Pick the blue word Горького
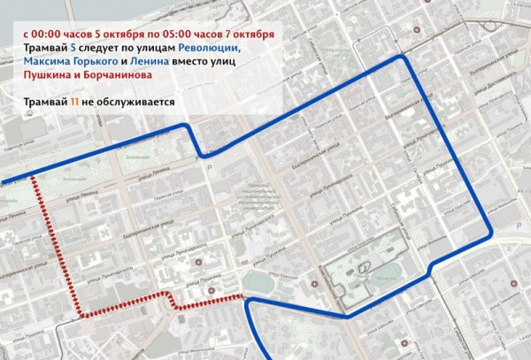coord(96,63)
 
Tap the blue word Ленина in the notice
coord(147,63)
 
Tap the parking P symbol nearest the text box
coord(209,168)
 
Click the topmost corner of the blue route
coord(404,57)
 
